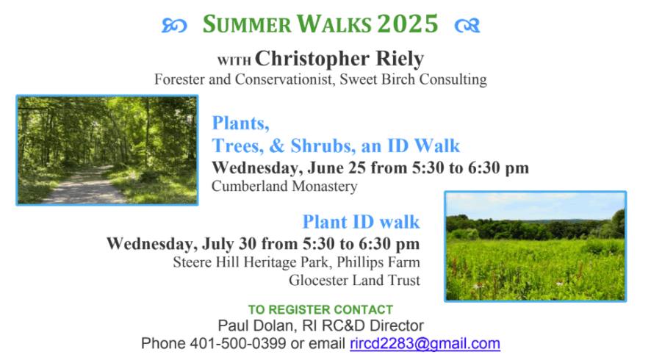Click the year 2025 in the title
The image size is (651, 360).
click(408, 24)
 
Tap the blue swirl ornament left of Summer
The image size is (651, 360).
click(174, 26)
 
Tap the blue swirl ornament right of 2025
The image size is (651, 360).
click(467, 26)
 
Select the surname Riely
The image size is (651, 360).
click(400, 59)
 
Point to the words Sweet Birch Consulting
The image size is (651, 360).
click(413, 79)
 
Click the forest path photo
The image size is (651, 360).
click(107, 150)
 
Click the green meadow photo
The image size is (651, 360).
click(535, 246)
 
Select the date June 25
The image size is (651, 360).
click(337, 168)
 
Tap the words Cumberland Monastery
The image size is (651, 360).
click(284, 186)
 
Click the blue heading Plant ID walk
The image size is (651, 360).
click(362, 222)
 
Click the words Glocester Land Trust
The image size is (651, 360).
click(355, 280)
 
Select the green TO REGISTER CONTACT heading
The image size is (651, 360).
click(320, 310)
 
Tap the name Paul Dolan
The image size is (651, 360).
click(256, 325)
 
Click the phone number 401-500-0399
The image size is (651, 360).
click(238, 343)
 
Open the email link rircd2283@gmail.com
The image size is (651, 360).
click(425, 344)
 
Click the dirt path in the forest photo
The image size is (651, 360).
click(83, 187)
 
